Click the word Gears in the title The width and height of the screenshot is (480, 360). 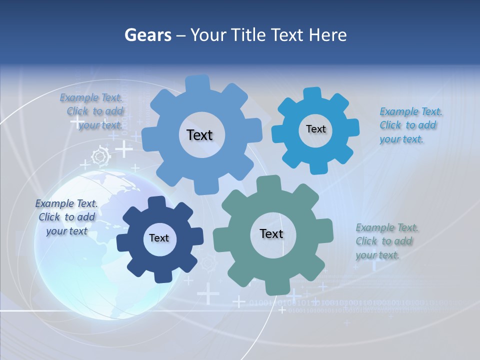(x=147, y=35)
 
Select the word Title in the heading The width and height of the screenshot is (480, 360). (x=247, y=35)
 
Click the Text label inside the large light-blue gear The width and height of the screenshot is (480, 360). (x=199, y=135)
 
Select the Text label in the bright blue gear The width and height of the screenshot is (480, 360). (x=315, y=129)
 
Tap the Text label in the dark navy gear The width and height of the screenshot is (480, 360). (x=159, y=238)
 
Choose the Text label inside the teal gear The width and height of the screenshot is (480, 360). (x=271, y=234)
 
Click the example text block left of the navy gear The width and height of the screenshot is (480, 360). (x=66, y=217)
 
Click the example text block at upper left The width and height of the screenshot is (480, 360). (x=93, y=111)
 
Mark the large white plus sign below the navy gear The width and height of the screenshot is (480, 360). (x=208, y=293)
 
